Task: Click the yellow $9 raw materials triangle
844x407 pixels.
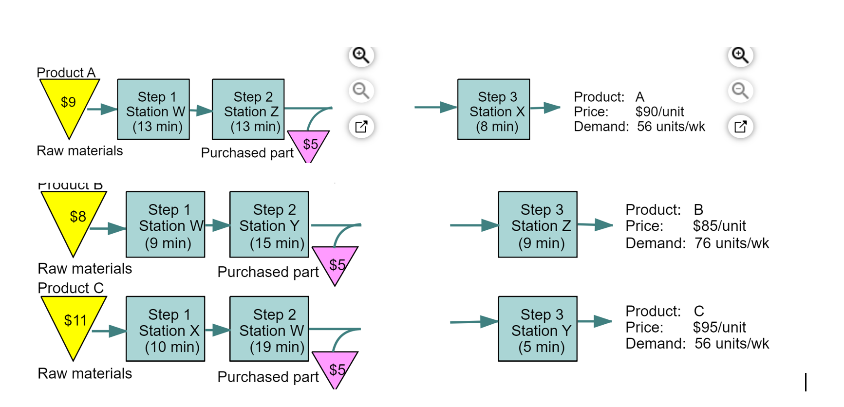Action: (69, 103)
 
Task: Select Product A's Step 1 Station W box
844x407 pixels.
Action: (153, 110)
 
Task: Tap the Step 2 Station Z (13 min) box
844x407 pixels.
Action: (248, 110)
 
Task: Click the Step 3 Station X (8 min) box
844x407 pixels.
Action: (493, 110)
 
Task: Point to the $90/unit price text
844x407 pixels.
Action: (659, 111)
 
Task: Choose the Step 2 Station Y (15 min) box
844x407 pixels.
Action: (269, 224)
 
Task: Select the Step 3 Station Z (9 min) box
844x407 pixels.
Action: (538, 224)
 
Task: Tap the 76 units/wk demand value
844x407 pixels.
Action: (731, 243)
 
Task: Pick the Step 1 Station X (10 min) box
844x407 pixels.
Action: (166, 329)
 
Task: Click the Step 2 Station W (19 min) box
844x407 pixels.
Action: (269, 329)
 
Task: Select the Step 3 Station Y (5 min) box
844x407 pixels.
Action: (538, 329)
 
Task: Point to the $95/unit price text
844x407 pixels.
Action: (719, 327)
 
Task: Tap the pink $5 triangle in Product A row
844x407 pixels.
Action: (309, 144)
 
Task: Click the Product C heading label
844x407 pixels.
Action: (71, 288)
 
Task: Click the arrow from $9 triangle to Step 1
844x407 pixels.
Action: (103, 109)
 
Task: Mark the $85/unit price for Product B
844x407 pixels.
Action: (719, 226)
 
